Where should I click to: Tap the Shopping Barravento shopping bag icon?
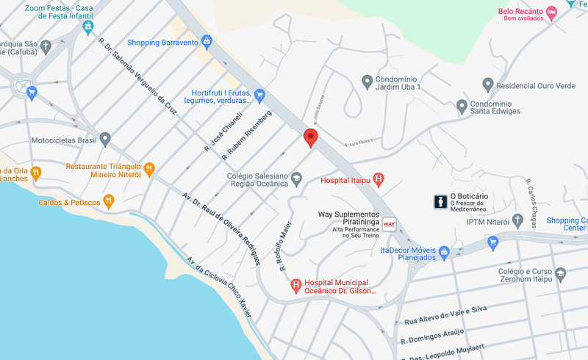point(207,42)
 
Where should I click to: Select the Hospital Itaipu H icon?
point(379,179)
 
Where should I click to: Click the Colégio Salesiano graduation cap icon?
point(295,178)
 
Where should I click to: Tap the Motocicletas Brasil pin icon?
point(105,139)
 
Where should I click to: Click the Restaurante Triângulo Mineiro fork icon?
point(149,169)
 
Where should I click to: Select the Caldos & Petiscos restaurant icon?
point(109,201)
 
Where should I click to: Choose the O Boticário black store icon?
point(440,201)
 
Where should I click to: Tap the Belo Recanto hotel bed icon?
point(551,12)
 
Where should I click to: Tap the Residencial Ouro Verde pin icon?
point(487,84)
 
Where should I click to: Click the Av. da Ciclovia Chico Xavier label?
point(218,287)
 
